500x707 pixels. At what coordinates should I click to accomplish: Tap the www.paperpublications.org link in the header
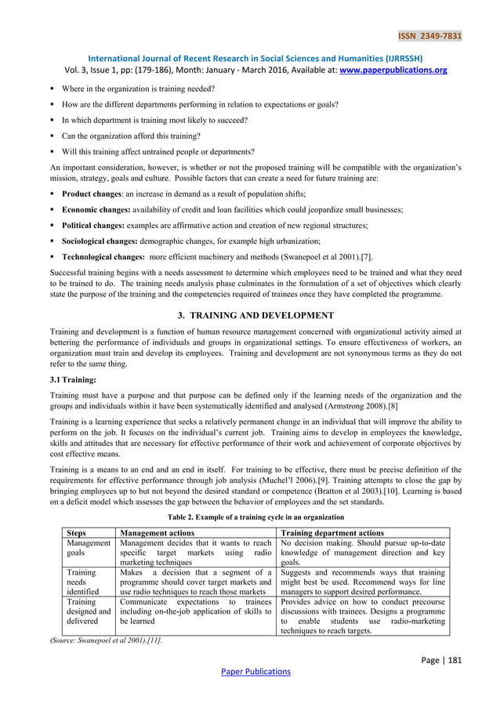(402, 70)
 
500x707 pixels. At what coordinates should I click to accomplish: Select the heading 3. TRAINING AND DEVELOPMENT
(249, 315)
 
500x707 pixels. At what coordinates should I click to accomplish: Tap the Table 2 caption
(249, 517)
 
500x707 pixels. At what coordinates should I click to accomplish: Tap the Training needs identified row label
(82, 586)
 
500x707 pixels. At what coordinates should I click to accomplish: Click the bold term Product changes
(96, 193)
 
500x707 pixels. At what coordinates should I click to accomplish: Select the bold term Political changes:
(95, 225)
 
